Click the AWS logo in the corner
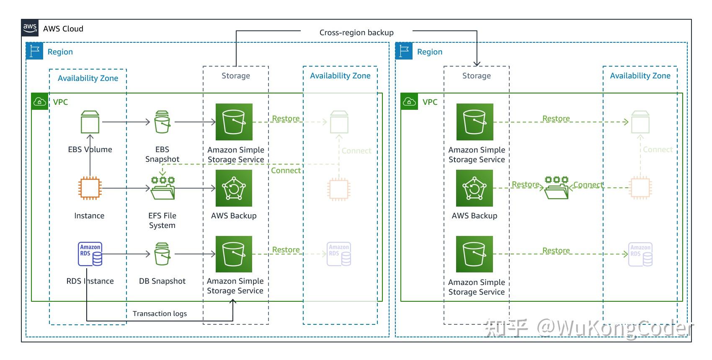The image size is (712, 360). [x=30, y=28]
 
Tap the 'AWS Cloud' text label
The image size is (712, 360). [x=63, y=28]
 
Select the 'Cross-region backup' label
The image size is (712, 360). [x=356, y=32]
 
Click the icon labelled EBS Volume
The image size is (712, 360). [x=90, y=122]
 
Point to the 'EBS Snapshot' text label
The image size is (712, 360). [x=162, y=154]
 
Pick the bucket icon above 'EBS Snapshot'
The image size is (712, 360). [x=163, y=122]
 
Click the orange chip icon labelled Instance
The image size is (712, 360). [x=90, y=188]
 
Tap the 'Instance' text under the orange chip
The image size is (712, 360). [x=89, y=215]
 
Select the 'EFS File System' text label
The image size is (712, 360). [x=162, y=220]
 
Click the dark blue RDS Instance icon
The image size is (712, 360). [x=90, y=254]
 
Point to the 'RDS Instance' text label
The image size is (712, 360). [x=90, y=281]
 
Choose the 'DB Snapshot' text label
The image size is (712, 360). [x=162, y=281]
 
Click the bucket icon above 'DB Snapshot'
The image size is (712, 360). [x=163, y=254]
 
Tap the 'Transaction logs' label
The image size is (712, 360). [x=160, y=313]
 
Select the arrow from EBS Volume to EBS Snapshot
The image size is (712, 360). [x=126, y=122]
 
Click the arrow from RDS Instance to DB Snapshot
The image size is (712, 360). [x=126, y=254]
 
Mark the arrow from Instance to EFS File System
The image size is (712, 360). [x=126, y=188]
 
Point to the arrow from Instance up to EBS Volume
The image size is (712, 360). [x=90, y=155]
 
